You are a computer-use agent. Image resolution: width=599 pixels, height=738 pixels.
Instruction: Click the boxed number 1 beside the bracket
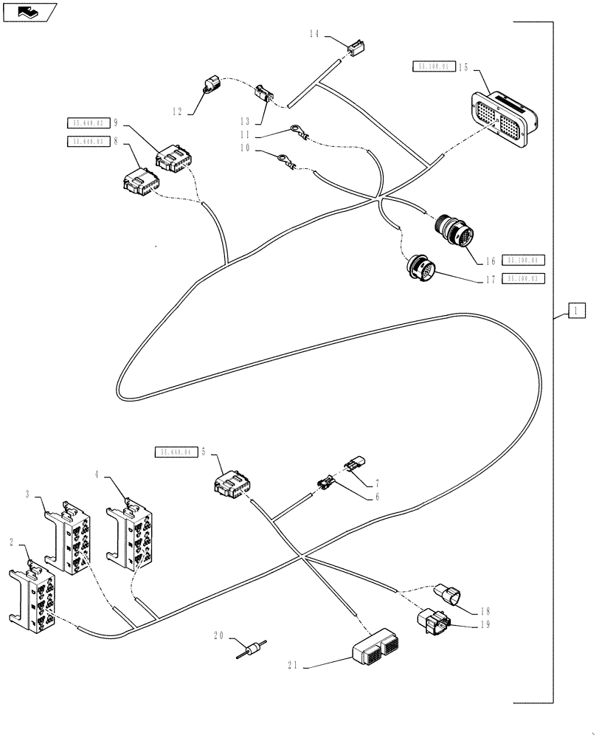pyautogui.click(x=576, y=311)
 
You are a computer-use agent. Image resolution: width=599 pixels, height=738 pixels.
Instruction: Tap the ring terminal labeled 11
pyautogui.click(x=297, y=134)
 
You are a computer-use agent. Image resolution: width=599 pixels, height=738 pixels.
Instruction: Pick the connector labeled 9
pyautogui.click(x=174, y=159)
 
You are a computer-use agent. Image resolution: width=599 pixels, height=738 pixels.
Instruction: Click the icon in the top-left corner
pyautogui.click(x=28, y=11)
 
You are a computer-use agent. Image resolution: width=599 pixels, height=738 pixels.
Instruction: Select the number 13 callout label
pyautogui.click(x=244, y=122)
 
